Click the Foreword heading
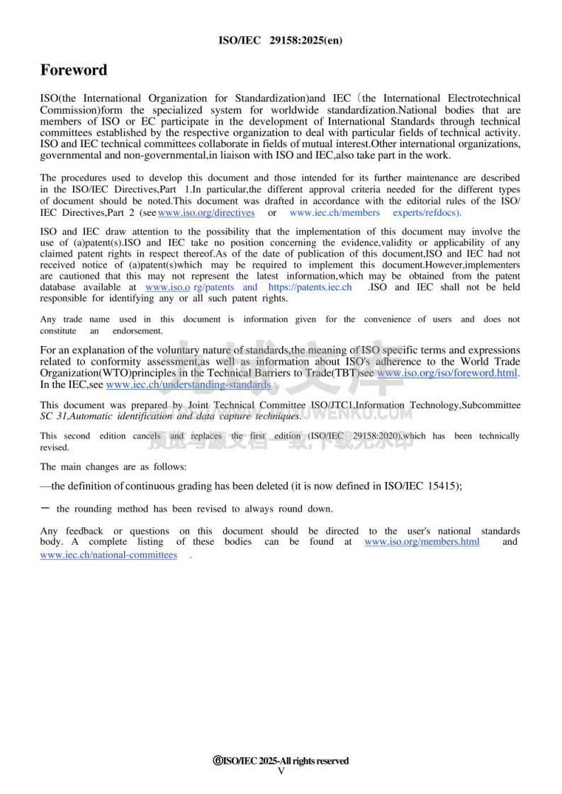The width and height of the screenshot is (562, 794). (74, 70)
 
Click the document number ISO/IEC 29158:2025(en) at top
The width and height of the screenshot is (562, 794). (281, 40)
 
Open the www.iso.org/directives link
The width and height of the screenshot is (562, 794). (206, 212)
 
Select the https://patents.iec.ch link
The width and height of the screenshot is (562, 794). (310, 287)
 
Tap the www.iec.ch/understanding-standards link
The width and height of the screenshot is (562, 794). (188, 385)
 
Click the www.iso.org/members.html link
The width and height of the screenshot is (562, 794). (422, 542)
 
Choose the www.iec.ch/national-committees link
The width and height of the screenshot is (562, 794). (108, 555)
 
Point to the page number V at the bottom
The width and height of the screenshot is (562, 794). (281, 771)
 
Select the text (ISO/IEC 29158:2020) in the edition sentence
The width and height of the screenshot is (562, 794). (354, 436)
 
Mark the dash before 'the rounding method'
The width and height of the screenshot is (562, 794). (45, 509)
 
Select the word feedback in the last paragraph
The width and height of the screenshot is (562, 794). (84, 531)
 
